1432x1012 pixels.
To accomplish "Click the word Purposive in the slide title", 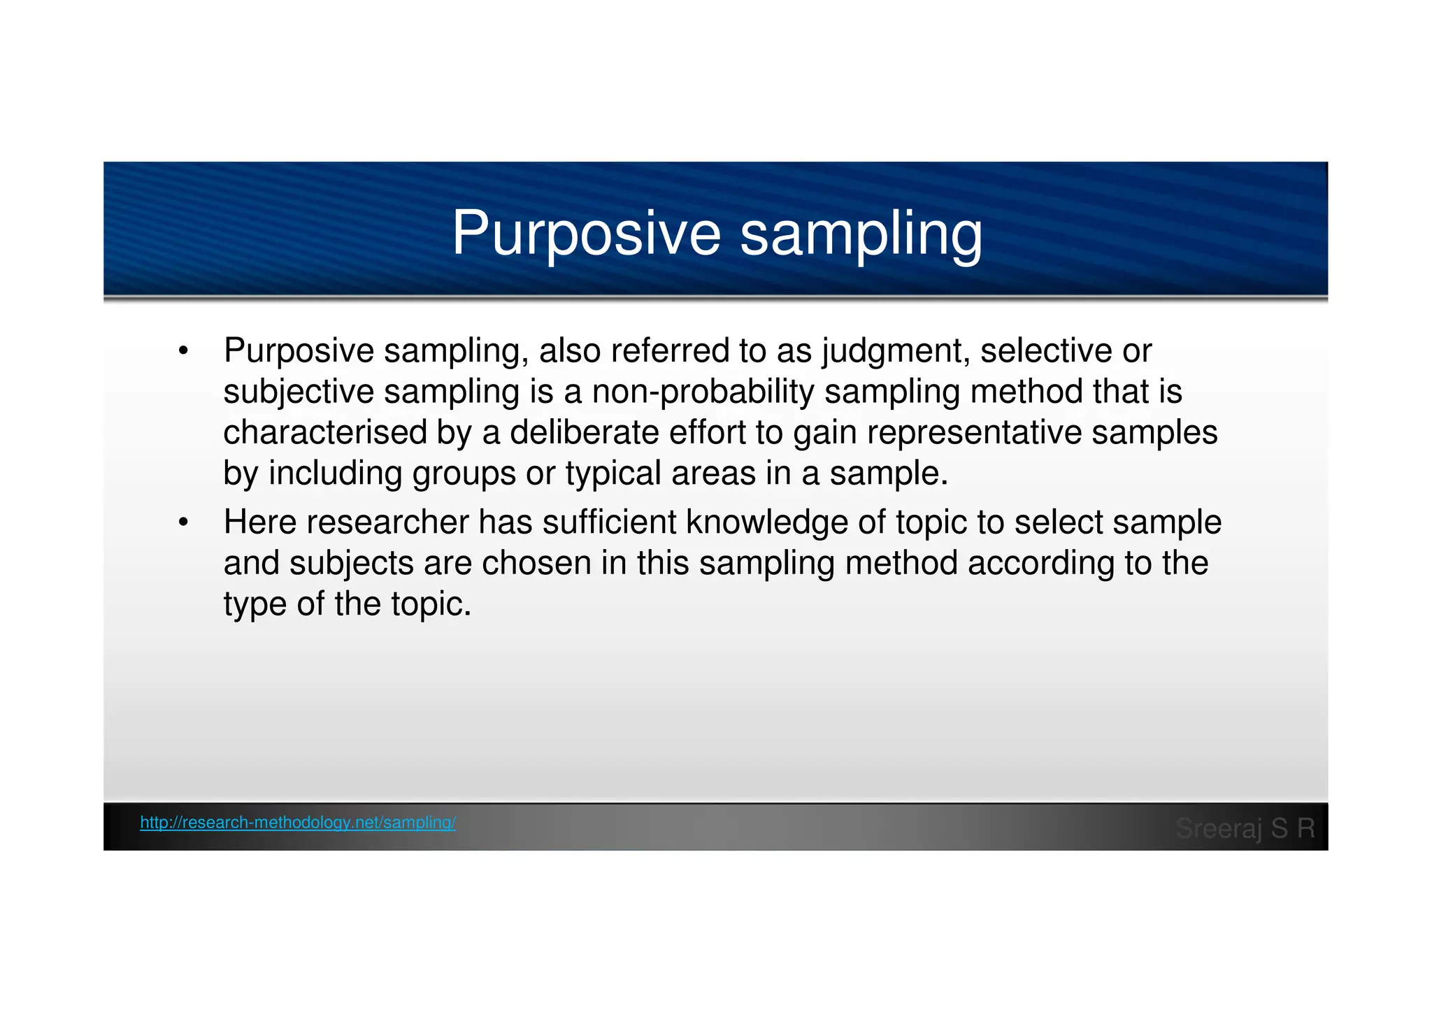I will point(586,234).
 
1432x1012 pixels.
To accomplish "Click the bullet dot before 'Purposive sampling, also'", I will point(183,351).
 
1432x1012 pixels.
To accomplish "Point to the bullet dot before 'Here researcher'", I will point(183,522).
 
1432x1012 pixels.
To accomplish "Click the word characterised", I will point(325,432).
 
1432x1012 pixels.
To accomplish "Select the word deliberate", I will point(584,432).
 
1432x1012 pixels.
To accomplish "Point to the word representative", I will point(975,432).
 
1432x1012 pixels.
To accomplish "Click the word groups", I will point(464,473).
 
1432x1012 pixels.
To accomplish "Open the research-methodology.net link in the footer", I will point(298,822).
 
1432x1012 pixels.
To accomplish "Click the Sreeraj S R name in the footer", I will point(1245,828).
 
